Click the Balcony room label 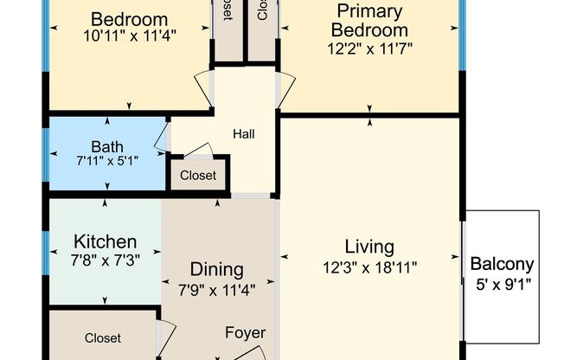coord(502,265)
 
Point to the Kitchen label coord(105,241)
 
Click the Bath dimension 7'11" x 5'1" coord(107,160)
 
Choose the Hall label coord(243,134)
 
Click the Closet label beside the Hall coord(198,176)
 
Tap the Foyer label coord(246,332)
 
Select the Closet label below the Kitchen coord(103,338)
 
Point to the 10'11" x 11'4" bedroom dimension coord(129,36)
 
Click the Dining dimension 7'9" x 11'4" coord(217,288)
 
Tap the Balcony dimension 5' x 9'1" coord(502,282)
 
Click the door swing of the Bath coord(161,137)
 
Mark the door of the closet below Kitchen coord(166,332)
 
